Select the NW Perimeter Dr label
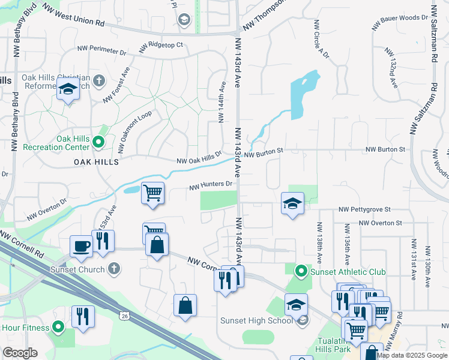(x=101, y=52)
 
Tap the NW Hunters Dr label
(x=211, y=187)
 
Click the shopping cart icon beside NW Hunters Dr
(x=153, y=193)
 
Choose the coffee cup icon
(x=81, y=245)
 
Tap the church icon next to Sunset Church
(x=115, y=269)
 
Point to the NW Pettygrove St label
(x=364, y=209)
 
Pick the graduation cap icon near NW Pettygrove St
(x=292, y=203)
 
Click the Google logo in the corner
(x=20, y=353)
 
